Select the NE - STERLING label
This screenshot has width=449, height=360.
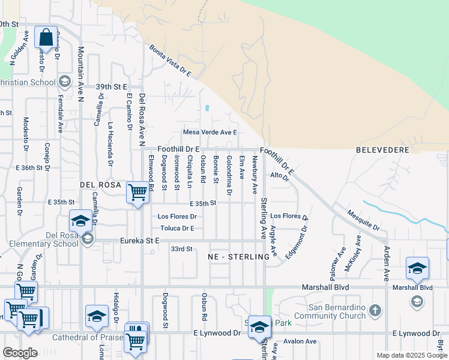(239, 257)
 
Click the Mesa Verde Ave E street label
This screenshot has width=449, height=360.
(210, 133)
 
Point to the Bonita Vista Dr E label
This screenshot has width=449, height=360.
(170, 61)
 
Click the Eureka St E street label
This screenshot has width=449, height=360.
(139, 241)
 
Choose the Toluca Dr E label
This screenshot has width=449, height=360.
(177, 228)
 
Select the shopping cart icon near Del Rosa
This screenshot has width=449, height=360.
(138, 192)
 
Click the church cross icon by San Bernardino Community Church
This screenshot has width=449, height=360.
(375, 310)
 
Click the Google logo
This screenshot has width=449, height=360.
(20, 353)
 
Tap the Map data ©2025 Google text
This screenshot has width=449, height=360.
(411, 355)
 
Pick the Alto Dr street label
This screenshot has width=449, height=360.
(279, 175)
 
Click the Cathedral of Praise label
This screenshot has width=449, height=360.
(87, 337)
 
